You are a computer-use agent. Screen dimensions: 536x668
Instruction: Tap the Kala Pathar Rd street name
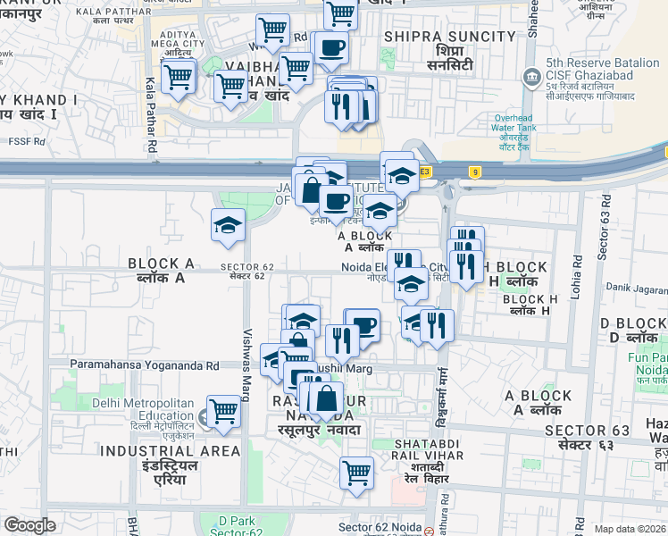click(x=151, y=114)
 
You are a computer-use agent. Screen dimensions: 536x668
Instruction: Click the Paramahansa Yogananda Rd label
click(x=145, y=365)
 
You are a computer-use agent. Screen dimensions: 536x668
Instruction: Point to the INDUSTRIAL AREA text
click(x=171, y=451)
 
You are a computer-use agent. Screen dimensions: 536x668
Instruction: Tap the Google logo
click(x=29, y=525)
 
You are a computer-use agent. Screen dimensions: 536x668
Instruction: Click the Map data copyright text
click(x=630, y=528)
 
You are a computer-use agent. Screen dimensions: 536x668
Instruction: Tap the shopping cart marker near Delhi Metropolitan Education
click(x=223, y=411)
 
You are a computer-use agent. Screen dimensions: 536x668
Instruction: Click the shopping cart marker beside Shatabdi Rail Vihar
click(x=356, y=472)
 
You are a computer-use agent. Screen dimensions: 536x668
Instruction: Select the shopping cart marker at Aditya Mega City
click(x=180, y=76)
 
